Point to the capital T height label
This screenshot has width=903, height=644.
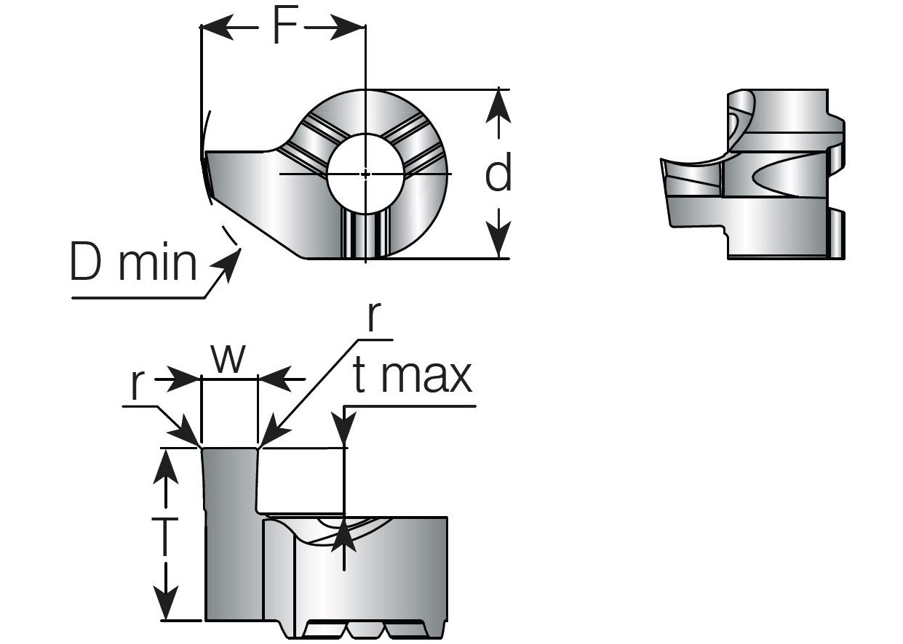(x=167, y=536)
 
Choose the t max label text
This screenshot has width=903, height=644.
(x=412, y=377)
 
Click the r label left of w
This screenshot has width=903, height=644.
(x=135, y=387)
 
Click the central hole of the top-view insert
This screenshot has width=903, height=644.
(x=365, y=174)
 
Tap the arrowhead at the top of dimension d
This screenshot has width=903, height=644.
(x=498, y=102)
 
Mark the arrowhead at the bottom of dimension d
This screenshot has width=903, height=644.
(x=498, y=244)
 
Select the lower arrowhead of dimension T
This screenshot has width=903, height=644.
(x=167, y=605)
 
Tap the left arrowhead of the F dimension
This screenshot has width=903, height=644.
(x=215, y=28)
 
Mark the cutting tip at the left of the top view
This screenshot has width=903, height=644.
(x=207, y=174)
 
